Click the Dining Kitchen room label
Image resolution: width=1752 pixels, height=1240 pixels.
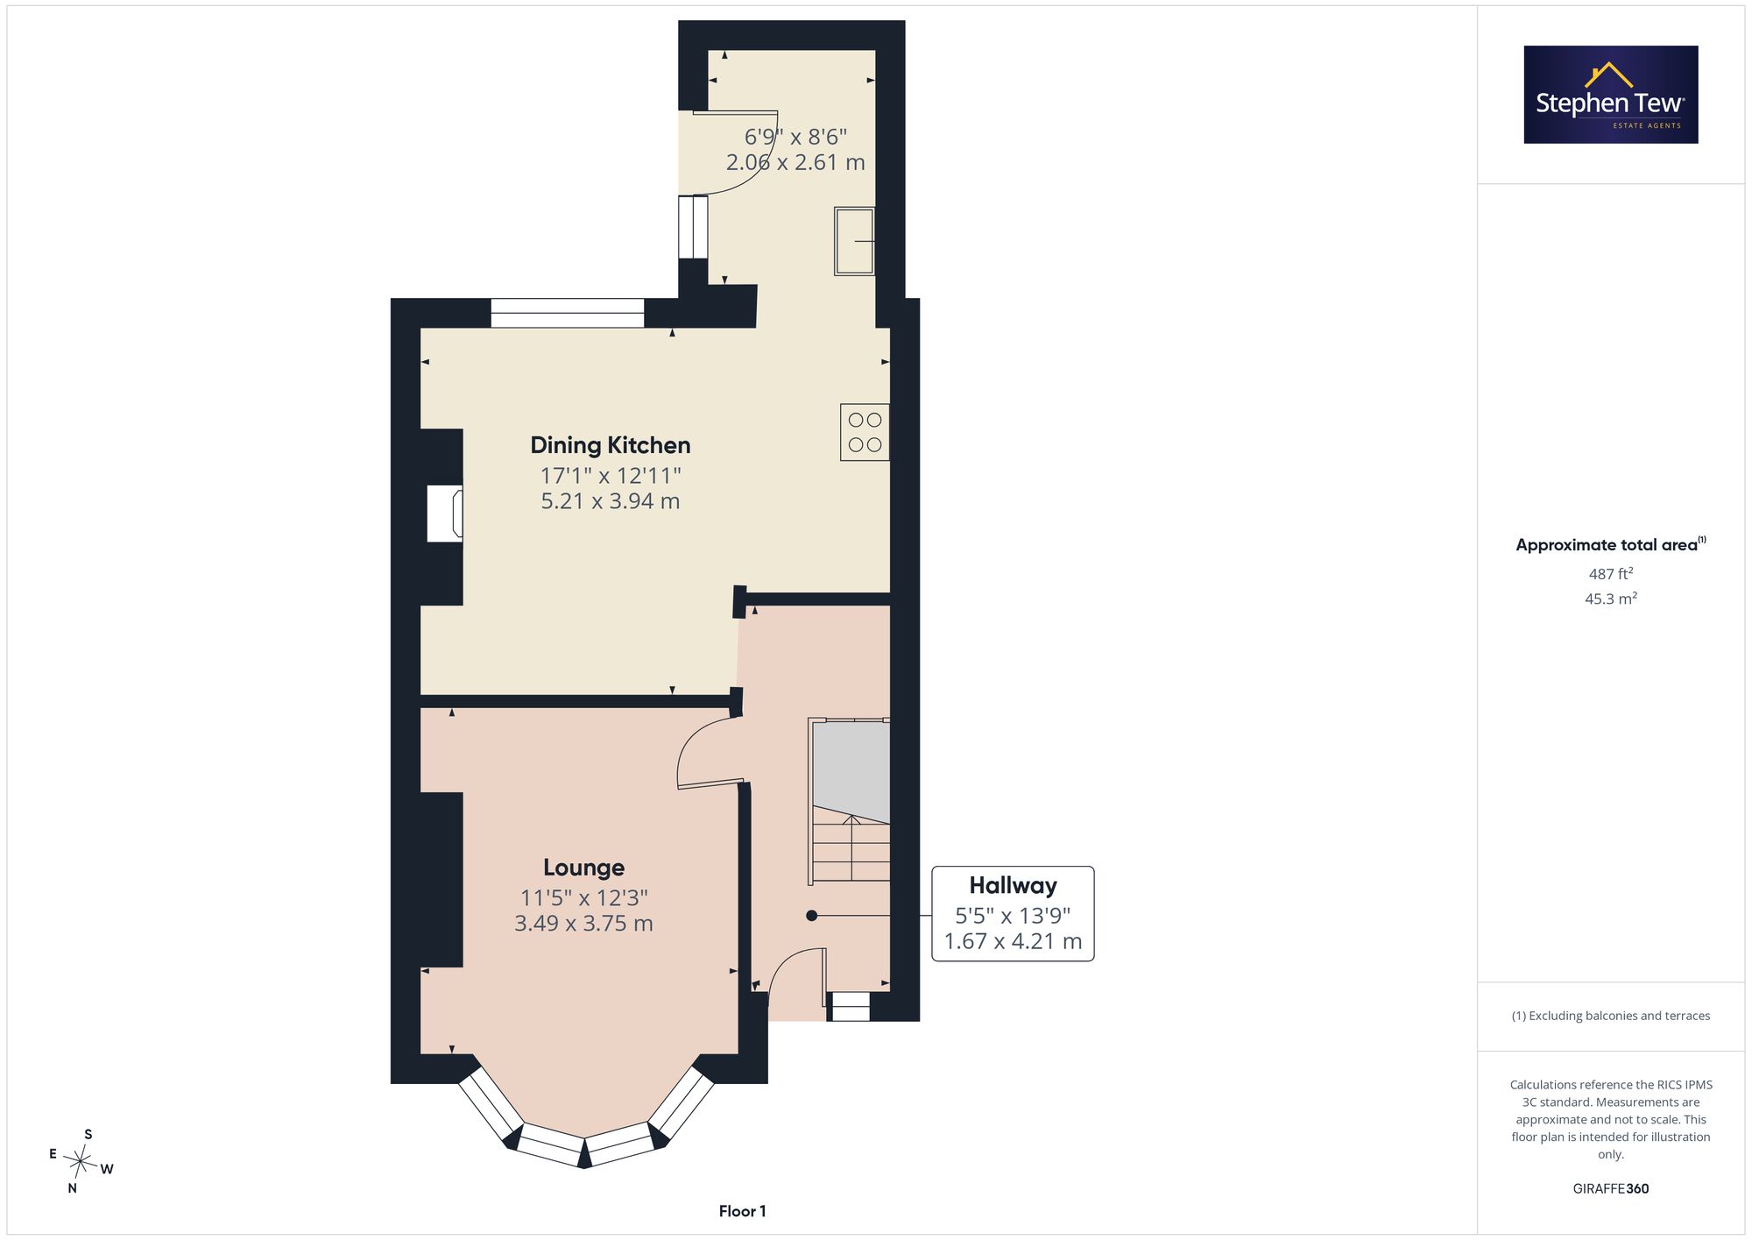click(x=611, y=445)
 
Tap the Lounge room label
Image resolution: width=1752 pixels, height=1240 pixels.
click(x=583, y=868)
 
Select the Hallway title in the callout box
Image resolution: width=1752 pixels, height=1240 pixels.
click(x=1013, y=886)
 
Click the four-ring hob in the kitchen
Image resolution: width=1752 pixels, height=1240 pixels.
click(x=865, y=432)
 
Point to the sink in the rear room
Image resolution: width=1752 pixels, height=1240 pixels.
click(x=854, y=241)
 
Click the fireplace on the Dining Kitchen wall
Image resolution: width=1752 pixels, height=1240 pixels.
click(x=445, y=514)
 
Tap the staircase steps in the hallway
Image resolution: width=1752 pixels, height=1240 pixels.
click(x=851, y=848)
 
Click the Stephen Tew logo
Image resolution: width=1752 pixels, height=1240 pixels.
click(x=1611, y=95)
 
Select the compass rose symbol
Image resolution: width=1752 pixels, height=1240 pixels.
click(x=81, y=1162)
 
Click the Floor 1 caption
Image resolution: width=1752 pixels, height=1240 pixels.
click(x=742, y=1212)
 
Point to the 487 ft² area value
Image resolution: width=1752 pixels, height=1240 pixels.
click(x=1611, y=574)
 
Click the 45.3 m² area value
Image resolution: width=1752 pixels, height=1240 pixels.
click(x=1611, y=599)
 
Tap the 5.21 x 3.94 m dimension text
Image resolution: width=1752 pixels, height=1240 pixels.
click(x=611, y=501)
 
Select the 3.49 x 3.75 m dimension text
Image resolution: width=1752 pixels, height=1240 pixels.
click(x=583, y=924)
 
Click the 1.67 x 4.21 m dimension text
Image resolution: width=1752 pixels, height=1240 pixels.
click(x=1013, y=942)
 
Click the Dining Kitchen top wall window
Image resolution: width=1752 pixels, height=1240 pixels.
click(x=568, y=313)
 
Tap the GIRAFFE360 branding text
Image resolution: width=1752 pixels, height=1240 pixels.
click(x=1611, y=1189)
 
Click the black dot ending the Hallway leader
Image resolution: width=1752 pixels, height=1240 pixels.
click(x=812, y=916)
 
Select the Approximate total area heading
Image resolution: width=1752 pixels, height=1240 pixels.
click(x=1611, y=544)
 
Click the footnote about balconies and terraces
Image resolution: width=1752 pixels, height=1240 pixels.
click(x=1611, y=1017)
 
